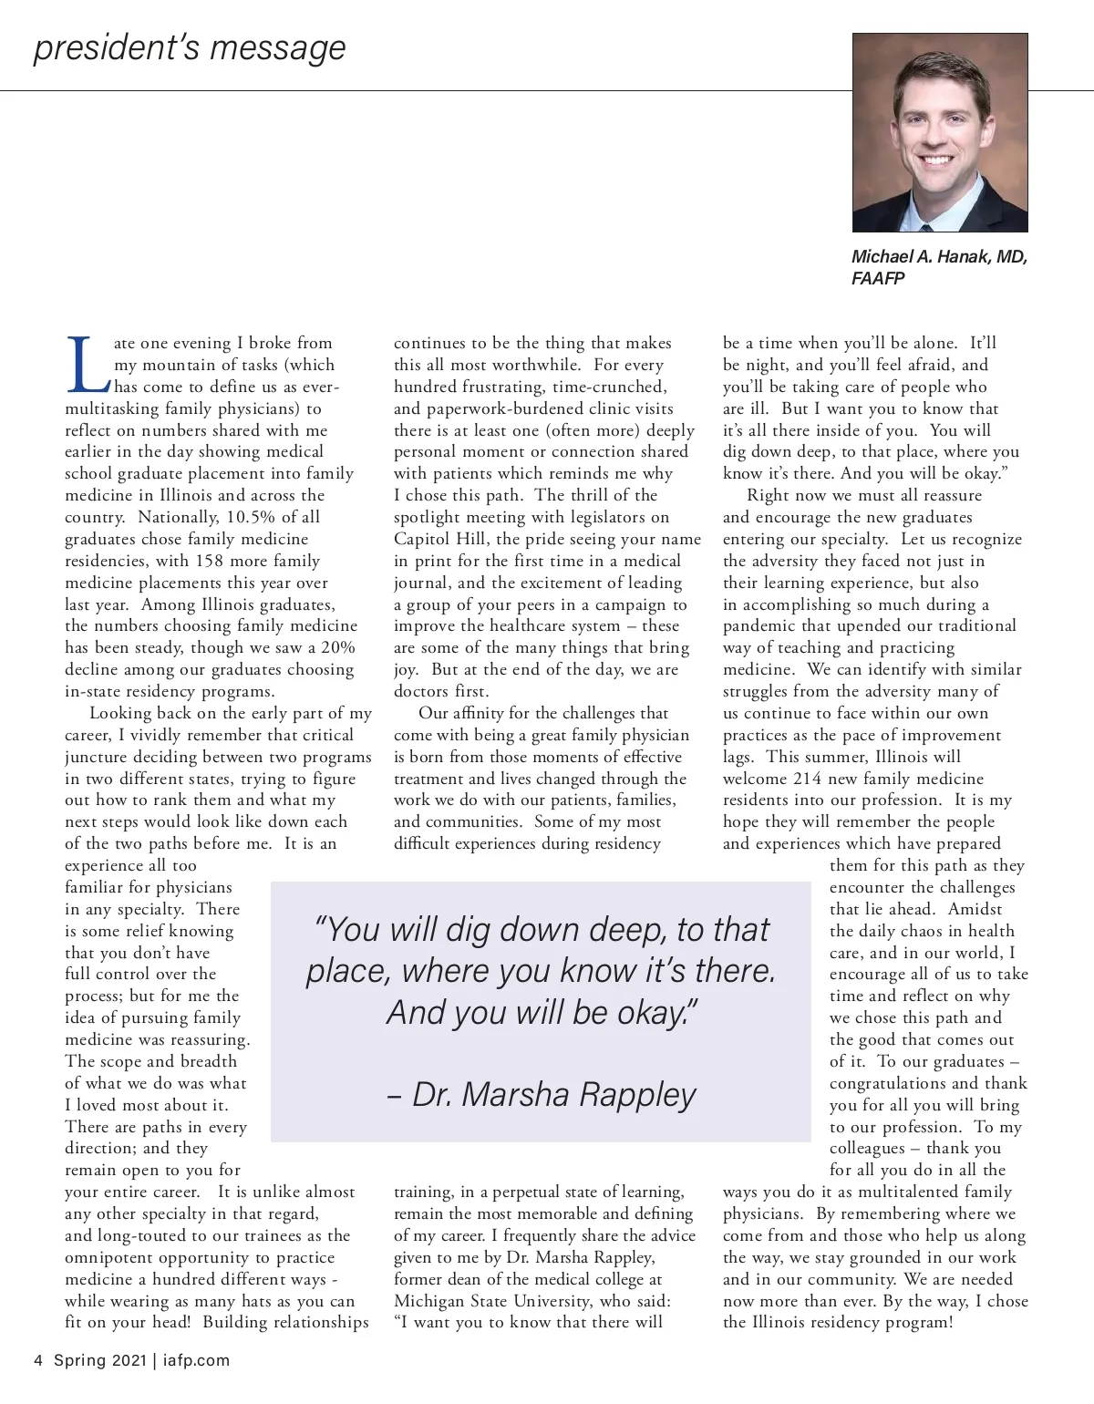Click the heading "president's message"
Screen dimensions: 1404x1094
coord(190,47)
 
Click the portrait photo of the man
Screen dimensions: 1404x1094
coord(940,132)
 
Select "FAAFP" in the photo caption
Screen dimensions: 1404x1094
coord(878,278)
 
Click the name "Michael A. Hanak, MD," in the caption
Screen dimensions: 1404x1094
coord(939,256)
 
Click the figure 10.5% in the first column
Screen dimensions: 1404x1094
coord(251,517)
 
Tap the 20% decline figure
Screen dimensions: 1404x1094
coord(337,647)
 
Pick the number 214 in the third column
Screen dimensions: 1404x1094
coord(807,779)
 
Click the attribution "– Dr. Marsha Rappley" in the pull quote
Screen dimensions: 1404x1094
coord(542,1094)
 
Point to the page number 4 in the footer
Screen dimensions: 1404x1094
coord(38,1360)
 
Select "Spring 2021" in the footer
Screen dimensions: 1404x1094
coord(99,1360)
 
